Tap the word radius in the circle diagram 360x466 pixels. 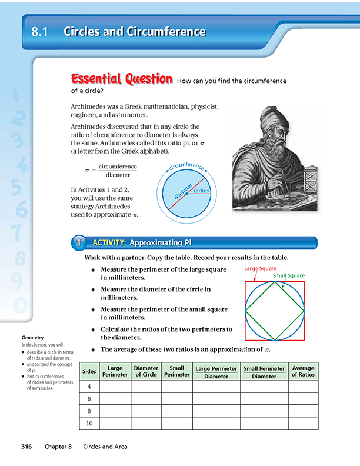[x=201, y=191]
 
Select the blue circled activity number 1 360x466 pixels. [x=79, y=242]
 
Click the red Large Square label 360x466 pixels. [x=260, y=268]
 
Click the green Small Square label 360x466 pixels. [x=288, y=275]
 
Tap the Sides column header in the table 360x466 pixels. [x=89, y=371]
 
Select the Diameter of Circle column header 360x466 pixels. [x=146, y=371]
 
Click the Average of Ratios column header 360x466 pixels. [x=303, y=371]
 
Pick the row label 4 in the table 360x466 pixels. [x=89, y=387]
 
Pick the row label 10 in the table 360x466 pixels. [x=89, y=423]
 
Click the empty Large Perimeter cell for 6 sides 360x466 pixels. [x=115, y=399]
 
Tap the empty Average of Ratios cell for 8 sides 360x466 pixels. [x=303, y=411]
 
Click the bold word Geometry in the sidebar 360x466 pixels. [x=32, y=338]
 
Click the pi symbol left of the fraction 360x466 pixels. [x=87, y=171]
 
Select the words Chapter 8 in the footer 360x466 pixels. [x=58, y=447]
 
